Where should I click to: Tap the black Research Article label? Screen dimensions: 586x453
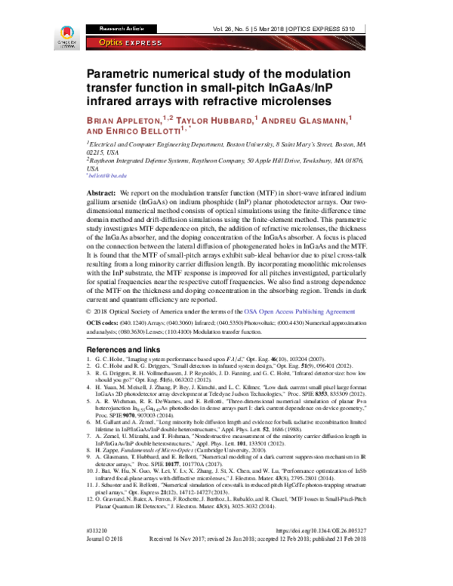pos(112,28)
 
